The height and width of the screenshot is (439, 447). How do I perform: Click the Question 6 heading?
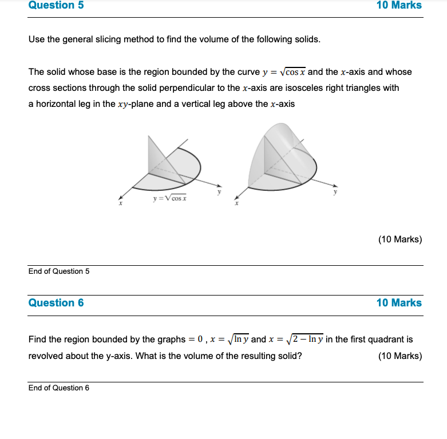[x=56, y=303]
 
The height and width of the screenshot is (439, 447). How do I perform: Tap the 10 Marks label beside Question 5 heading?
[x=399, y=6]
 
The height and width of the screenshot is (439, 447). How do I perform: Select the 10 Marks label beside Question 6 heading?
[x=399, y=303]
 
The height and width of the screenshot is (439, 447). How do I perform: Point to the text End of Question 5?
[x=59, y=272]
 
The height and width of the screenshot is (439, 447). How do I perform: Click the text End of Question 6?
[x=59, y=388]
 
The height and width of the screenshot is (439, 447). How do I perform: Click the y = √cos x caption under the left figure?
[x=169, y=198]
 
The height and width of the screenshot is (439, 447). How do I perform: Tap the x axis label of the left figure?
[x=121, y=203]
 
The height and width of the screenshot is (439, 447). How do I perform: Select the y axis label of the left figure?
[x=218, y=192]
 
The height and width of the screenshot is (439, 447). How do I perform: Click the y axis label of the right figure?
[x=336, y=192]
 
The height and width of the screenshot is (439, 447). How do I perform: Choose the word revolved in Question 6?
[x=46, y=356]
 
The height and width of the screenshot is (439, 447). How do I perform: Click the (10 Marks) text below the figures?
[x=400, y=240]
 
